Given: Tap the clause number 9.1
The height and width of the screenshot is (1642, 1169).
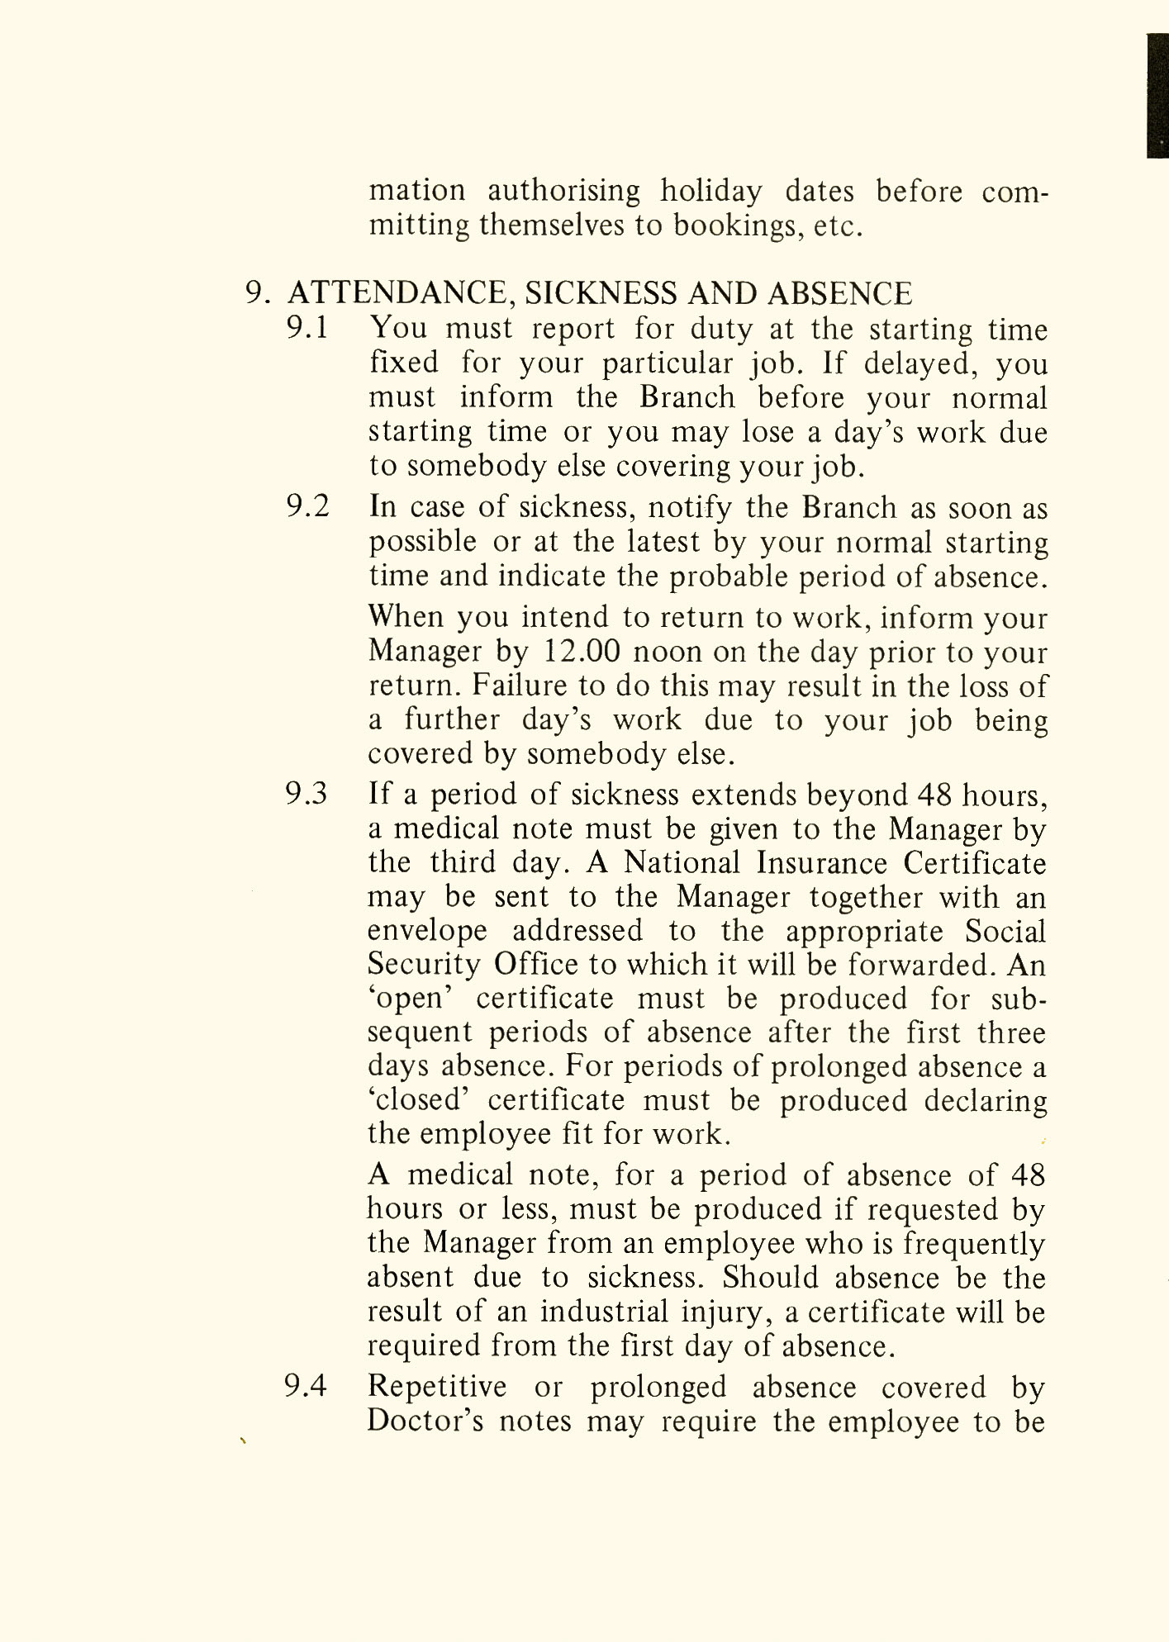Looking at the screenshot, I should click(307, 329).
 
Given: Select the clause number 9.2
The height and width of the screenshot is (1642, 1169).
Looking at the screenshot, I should click(307, 506).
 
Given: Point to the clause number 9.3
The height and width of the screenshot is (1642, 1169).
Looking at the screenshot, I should click(307, 794).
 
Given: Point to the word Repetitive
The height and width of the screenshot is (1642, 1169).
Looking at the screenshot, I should click(437, 1386).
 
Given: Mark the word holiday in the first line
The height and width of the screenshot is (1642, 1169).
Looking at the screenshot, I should click(710, 192).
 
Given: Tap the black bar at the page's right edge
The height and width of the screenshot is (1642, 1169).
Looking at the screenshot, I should click(1157, 95).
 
